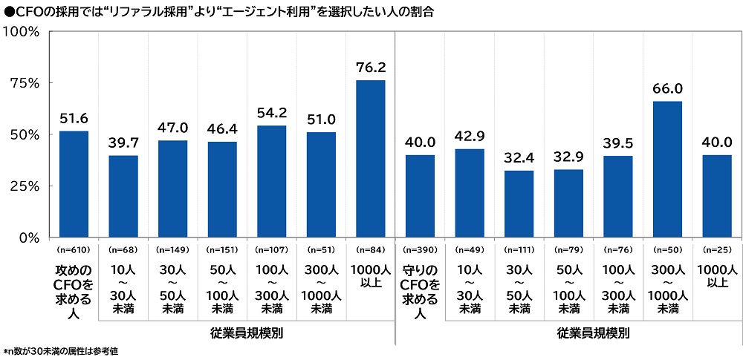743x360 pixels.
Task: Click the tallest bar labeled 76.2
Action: (x=371, y=159)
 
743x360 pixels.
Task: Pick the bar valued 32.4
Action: (x=519, y=204)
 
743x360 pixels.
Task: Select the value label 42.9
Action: (x=470, y=138)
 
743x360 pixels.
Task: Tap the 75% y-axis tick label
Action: (x=24, y=83)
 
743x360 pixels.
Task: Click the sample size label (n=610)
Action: (x=74, y=250)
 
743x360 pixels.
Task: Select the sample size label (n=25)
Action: (x=717, y=250)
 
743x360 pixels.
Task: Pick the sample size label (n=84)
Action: (x=371, y=250)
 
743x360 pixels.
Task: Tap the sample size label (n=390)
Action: (x=420, y=250)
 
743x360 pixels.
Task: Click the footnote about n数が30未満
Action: (x=61, y=350)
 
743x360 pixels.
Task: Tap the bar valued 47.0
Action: (x=173, y=189)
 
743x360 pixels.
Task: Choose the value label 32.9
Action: (x=568, y=159)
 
